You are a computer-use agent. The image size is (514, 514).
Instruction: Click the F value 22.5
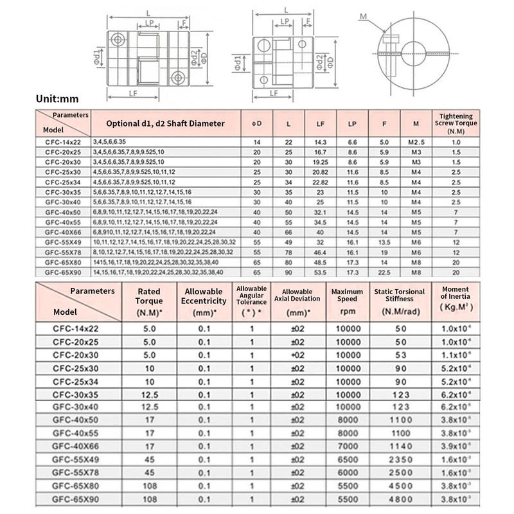(385, 272)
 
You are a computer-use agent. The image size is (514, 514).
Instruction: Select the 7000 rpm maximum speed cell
(347, 445)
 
